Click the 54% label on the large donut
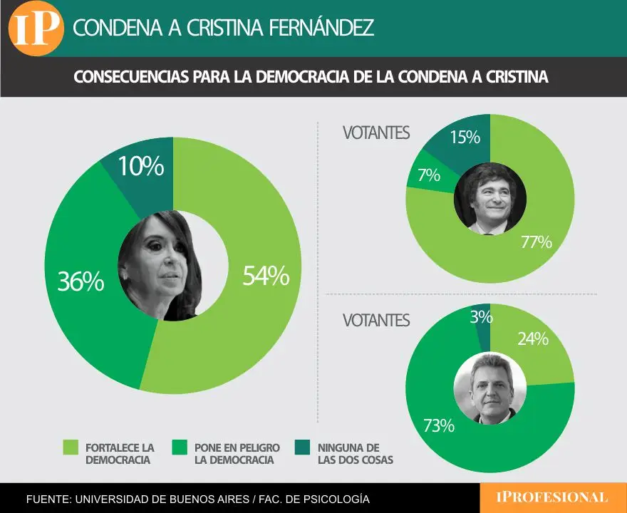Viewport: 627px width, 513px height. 266,276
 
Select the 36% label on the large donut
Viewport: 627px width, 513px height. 81,281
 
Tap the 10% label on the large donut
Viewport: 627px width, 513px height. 141,167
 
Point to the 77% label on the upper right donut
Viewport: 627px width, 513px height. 536,242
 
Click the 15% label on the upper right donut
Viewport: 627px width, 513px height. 465,137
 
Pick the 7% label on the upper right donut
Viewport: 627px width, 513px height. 429,175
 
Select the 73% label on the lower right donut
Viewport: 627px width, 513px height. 438,426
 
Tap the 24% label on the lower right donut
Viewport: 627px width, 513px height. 532,339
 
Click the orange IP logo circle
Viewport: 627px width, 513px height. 36,28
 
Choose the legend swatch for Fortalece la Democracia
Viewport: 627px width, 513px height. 71,447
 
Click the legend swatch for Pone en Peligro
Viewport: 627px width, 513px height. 181,447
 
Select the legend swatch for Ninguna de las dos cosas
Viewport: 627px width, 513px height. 304,447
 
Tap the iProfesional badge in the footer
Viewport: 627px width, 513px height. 553,497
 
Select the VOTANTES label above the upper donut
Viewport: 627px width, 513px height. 375,133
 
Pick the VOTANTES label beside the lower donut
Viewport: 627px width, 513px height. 375,321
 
